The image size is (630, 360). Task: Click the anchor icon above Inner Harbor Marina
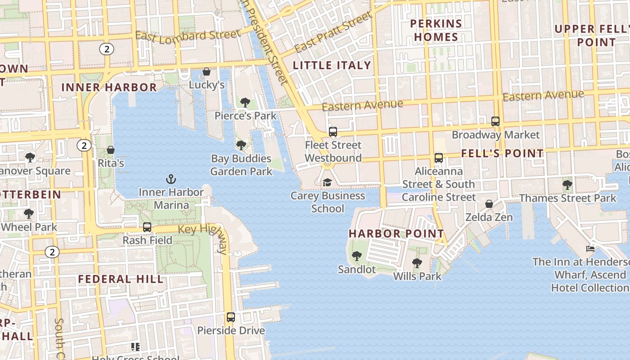pos(171,180)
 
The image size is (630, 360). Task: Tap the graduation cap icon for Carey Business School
pos(327,183)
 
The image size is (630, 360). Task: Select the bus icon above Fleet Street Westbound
pos(333,132)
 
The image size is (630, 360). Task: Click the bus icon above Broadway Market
pos(495,121)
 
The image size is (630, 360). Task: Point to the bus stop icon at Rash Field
pos(147,227)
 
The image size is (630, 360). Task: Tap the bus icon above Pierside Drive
pos(231,317)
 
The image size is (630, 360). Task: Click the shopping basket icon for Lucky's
pos(207,72)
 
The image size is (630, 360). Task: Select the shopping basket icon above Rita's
pos(111,150)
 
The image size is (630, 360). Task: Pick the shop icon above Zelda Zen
pos(489,204)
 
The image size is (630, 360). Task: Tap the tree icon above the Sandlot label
pos(356,256)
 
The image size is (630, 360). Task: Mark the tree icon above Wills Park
pos(417,263)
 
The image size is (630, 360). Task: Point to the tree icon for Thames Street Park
pos(567,185)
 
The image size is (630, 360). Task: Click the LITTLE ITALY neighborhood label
pos(332,66)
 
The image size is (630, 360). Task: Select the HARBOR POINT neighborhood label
pos(396,234)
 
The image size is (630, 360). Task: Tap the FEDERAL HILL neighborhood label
pos(121,279)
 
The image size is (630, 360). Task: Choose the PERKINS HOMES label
pos(436,30)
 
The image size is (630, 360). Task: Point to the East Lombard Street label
pos(188,36)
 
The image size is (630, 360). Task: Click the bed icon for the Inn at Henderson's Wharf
pos(590,248)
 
